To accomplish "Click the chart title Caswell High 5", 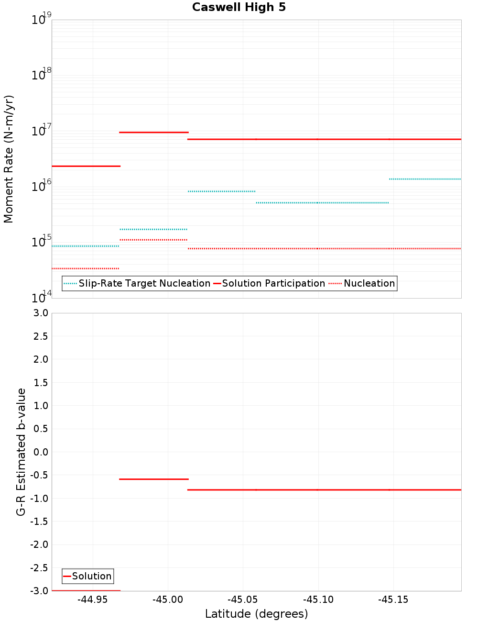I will pyautogui.click(x=239, y=7).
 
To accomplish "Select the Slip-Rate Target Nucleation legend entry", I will pyautogui.click(x=144, y=283).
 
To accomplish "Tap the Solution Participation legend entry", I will pyautogui.click(x=273, y=283).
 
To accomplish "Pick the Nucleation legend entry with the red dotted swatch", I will pyautogui.click(x=369, y=283).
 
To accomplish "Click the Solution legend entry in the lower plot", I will pyautogui.click(x=91, y=576).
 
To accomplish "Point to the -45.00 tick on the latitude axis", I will pyautogui.click(x=168, y=600).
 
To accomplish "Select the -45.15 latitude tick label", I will pyautogui.click(x=393, y=600).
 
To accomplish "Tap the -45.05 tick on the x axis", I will pyautogui.click(x=243, y=600).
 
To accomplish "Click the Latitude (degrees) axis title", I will pyautogui.click(x=256, y=614).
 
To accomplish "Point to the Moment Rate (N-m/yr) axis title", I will pyautogui.click(x=9, y=159).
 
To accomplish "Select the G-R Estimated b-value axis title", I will pyautogui.click(x=21, y=452).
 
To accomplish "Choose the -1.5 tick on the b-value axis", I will pyautogui.click(x=39, y=522).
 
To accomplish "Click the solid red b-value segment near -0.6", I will pyautogui.click(x=153, y=479).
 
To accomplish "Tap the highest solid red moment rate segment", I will pyautogui.click(x=153, y=132).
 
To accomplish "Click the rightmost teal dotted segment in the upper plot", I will pyautogui.click(x=424, y=179).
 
